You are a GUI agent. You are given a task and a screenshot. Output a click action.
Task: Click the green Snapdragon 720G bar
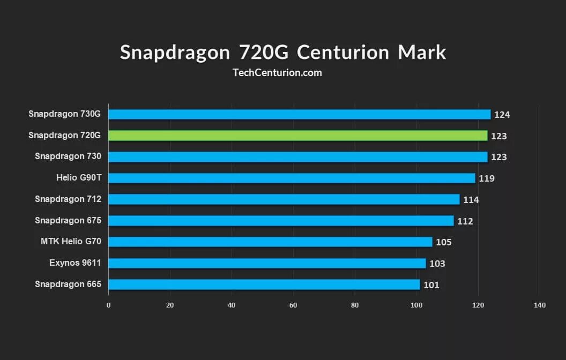[x=297, y=136]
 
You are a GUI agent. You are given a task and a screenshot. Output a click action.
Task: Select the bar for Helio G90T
[x=292, y=178]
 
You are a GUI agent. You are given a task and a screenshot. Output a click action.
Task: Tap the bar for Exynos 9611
[x=267, y=263]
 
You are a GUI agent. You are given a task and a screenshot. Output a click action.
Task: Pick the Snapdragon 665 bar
[x=264, y=284]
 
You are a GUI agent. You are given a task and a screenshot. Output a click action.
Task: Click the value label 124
[x=502, y=115]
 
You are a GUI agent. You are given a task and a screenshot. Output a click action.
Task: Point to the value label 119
[x=487, y=178]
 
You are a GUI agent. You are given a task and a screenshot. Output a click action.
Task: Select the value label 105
[x=444, y=242]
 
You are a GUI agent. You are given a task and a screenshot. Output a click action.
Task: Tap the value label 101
[x=431, y=285]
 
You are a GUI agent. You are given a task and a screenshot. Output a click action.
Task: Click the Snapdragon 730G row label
[x=64, y=114]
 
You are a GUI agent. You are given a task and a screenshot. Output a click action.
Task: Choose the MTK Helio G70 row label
[x=71, y=242]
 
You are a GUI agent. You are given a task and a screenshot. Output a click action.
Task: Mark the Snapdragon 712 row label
[x=68, y=199]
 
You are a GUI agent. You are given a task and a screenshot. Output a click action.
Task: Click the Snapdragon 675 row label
[x=68, y=220]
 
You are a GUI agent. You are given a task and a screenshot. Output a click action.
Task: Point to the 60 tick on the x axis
[x=293, y=305]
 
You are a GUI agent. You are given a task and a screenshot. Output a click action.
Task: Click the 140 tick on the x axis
[x=540, y=305]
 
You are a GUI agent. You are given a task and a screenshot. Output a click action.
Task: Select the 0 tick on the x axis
[x=109, y=305]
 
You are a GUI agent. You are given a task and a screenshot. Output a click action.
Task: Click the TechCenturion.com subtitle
[x=278, y=72]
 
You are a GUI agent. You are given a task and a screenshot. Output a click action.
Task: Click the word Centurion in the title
[x=343, y=52]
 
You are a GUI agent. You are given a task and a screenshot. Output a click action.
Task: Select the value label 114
[x=471, y=200]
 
